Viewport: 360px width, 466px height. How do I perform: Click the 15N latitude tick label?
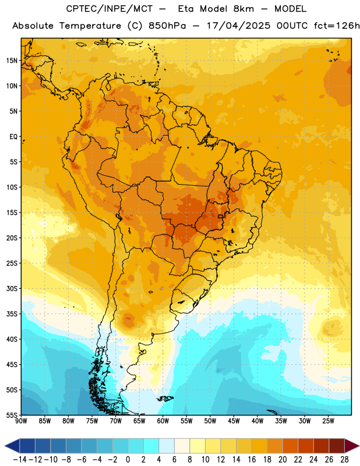point(12,61)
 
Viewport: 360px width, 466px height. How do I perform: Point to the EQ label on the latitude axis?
point(13,137)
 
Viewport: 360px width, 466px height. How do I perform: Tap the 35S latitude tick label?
point(12,314)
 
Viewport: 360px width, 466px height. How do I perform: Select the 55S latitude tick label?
point(12,415)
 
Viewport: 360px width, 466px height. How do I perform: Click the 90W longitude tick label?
point(21,421)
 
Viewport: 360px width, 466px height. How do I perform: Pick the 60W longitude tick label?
point(163,421)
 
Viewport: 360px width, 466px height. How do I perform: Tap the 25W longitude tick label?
point(328,421)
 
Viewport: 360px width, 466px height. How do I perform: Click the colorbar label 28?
point(344,460)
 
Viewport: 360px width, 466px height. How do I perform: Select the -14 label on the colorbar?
point(20,460)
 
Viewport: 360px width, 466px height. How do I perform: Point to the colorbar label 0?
point(128,460)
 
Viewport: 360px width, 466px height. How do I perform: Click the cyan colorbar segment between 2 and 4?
point(151,446)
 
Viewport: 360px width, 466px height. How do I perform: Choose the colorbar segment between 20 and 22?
point(291,446)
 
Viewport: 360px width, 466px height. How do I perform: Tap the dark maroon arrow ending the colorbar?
point(352,446)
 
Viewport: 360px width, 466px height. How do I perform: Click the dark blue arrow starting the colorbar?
point(12,446)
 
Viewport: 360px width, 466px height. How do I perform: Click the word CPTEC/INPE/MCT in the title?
point(110,9)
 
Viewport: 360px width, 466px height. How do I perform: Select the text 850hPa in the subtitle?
point(167,26)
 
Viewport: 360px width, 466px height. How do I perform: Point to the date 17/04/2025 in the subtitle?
point(238,26)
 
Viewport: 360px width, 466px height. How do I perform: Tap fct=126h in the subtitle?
point(337,26)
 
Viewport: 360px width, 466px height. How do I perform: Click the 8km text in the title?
point(243,9)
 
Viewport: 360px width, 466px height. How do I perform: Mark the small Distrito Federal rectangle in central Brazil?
point(221,216)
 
